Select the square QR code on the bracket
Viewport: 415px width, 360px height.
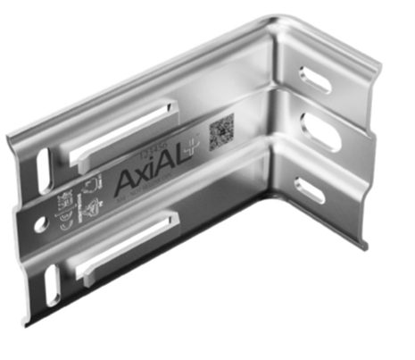point(220,134)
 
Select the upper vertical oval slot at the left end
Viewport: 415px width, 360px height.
point(42,168)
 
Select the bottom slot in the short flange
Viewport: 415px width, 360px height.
point(311,188)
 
